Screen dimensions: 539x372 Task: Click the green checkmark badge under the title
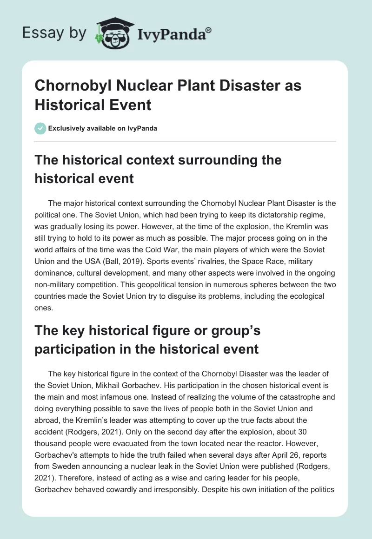pos(40,128)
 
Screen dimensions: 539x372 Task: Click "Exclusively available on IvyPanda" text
pos(103,128)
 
